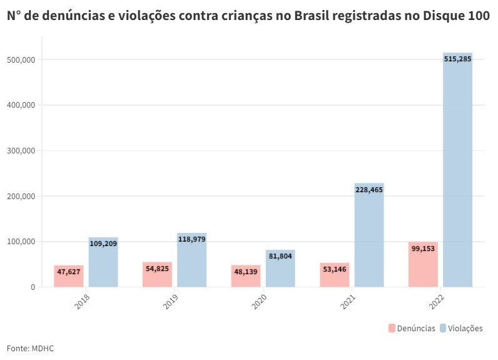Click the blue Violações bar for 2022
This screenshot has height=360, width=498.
[x=457, y=175]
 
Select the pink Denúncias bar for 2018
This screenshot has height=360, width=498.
[x=68, y=277]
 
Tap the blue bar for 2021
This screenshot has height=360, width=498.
[x=369, y=238]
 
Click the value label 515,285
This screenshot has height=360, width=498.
[x=457, y=59]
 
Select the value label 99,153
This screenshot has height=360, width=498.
[x=423, y=249]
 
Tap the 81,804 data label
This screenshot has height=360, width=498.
[x=280, y=255]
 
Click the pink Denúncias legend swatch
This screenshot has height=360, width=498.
[x=392, y=328]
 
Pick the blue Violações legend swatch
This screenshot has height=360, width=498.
[x=443, y=328]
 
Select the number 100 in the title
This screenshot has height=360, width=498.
[x=479, y=17]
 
